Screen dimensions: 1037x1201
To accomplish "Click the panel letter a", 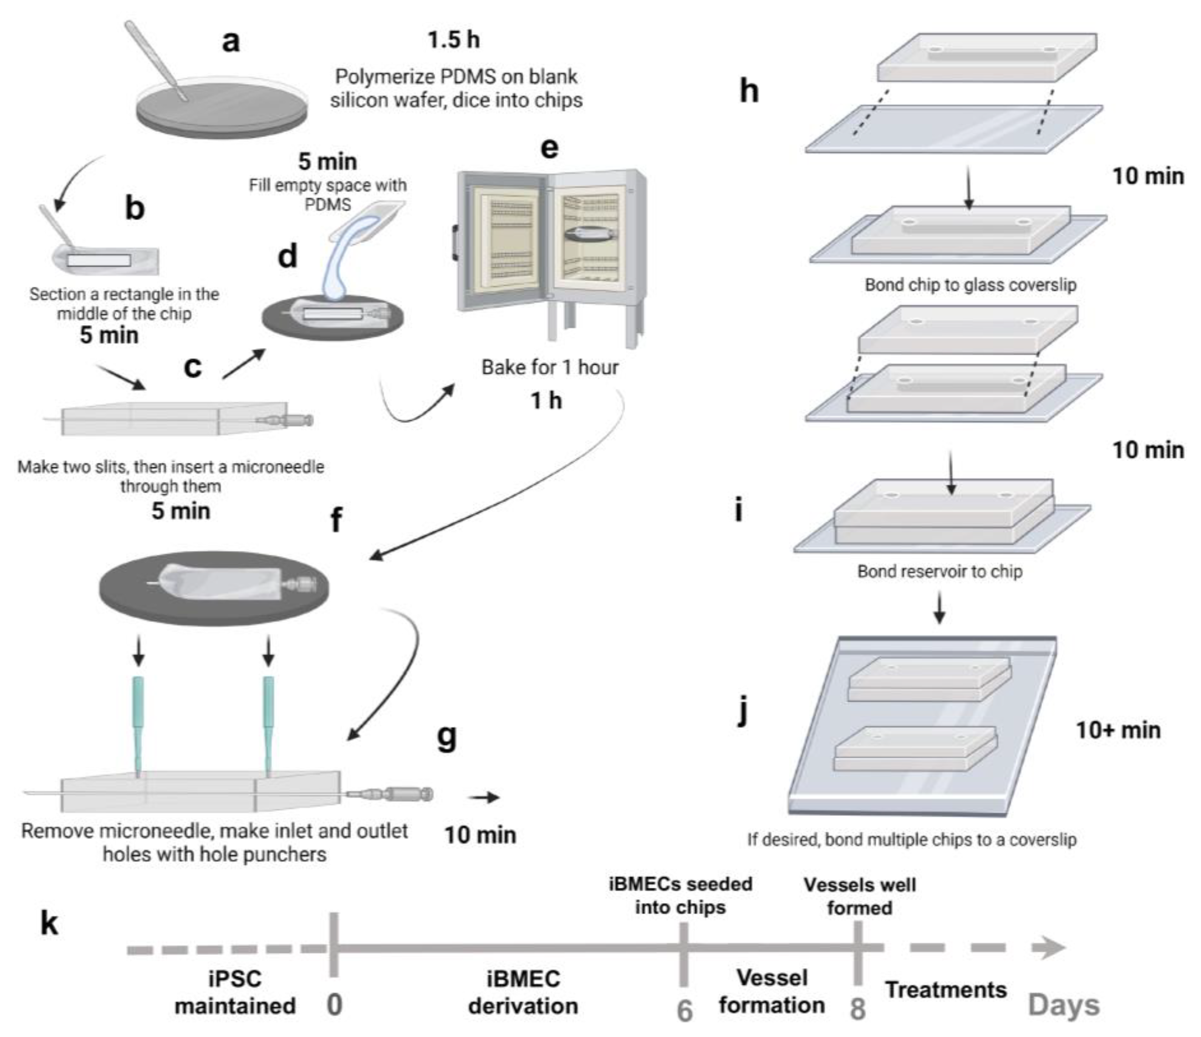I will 231,42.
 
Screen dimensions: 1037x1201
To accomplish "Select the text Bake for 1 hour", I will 550,367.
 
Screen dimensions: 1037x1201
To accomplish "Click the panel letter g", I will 446,737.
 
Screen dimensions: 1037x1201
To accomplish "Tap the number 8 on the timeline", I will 857,1009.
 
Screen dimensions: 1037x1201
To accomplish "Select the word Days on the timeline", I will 1064,1006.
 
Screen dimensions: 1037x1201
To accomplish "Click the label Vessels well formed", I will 860,896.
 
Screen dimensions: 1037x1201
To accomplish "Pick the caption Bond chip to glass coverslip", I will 970,285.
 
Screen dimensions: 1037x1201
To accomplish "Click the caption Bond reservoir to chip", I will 939,571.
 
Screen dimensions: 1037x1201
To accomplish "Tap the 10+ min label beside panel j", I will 1118,730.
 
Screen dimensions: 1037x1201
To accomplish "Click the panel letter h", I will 749,91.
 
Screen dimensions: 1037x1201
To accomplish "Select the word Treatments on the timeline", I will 946,989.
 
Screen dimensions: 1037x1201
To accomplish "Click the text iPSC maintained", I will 235,992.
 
